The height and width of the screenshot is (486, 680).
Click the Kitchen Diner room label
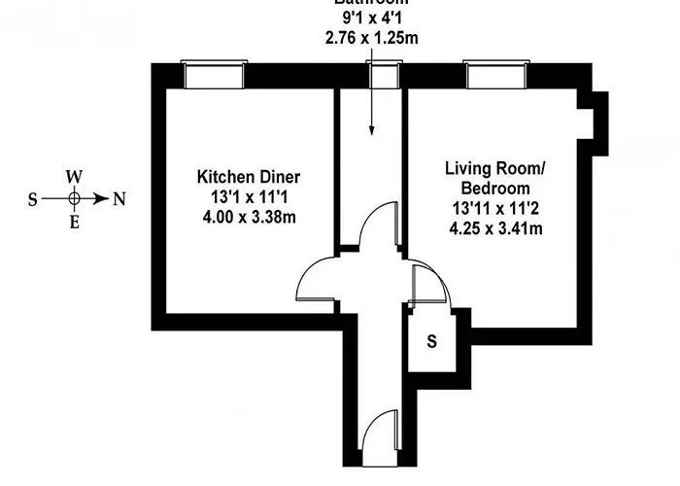[x=249, y=177]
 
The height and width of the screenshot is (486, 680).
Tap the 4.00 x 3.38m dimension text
[x=249, y=216]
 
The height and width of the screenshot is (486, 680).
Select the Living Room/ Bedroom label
[x=495, y=178]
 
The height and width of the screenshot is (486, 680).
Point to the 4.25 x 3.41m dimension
[x=495, y=228]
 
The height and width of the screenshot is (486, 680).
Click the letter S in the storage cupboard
[x=432, y=342]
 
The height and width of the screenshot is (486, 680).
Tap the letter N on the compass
[x=119, y=199]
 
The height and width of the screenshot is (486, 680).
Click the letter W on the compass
[x=74, y=177]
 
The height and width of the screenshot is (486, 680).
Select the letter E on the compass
[x=74, y=221]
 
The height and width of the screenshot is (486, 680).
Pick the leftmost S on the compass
[x=32, y=199]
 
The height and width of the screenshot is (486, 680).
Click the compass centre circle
[x=74, y=198]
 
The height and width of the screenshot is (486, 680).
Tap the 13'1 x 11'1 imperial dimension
[x=249, y=197]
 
